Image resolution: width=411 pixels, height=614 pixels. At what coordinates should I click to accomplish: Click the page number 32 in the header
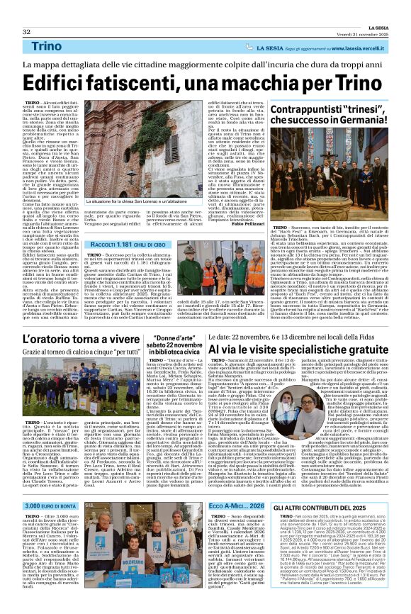27,12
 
